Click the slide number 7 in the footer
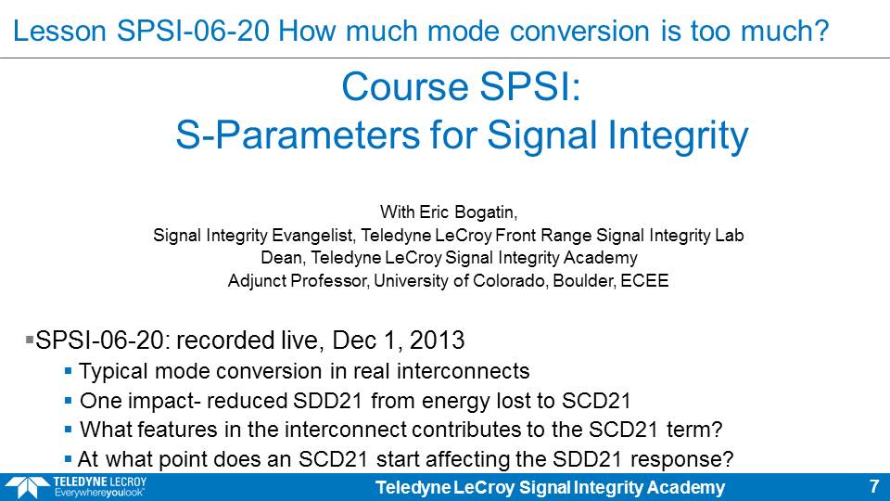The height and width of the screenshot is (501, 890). pos(874,487)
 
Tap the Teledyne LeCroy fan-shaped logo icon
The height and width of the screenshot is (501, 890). pos(26,488)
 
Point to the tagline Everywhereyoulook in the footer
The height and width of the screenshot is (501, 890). pos(99,493)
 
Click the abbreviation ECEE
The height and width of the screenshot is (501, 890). pos(644,280)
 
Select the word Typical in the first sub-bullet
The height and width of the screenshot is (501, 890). pos(113,371)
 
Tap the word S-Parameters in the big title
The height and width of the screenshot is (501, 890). pos(298,135)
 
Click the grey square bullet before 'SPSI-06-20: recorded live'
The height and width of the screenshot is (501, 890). pos(30,340)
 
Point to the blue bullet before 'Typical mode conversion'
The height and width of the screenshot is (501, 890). pos(68,371)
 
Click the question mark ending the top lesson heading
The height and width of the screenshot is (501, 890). pos(820,31)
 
